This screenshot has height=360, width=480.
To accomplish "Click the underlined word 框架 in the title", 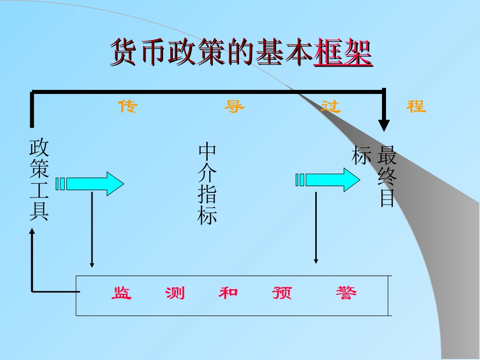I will pyautogui.click(x=343, y=52).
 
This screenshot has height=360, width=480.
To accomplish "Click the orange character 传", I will pyautogui.click(x=127, y=107).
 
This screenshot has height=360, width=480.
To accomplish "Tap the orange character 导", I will pyautogui.click(x=234, y=107).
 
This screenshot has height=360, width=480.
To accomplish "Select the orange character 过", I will pyautogui.click(x=331, y=107).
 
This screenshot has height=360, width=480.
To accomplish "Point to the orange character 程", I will pyautogui.click(x=416, y=107).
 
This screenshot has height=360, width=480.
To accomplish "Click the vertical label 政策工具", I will pyautogui.click(x=39, y=180).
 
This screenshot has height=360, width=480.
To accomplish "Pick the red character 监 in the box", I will pyautogui.click(x=121, y=293).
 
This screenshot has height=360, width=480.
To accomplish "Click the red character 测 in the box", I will pyautogui.click(x=175, y=293).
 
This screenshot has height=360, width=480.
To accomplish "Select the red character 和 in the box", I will pyautogui.click(x=228, y=293).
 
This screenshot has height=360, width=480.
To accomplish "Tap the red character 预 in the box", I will pyautogui.click(x=282, y=293).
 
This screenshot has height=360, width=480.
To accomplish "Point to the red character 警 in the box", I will pyautogui.click(x=346, y=293).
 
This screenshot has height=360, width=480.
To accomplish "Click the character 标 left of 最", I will pyautogui.click(x=362, y=156).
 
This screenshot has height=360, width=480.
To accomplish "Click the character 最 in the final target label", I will pyautogui.click(x=387, y=156).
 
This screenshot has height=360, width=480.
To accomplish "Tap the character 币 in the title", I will pyautogui.click(x=153, y=52).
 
